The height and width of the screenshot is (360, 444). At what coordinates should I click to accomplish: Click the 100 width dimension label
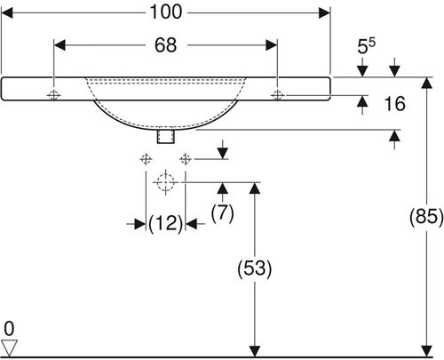pyautogui.click(x=166, y=12)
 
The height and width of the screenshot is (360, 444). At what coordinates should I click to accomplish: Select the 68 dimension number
pyautogui.click(x=166, y=45)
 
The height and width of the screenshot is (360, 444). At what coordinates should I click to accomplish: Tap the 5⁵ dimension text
pyautogui.click(x=366, y=46)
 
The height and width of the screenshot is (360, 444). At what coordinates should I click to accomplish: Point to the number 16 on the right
pyautogui.click(x=394, y=104)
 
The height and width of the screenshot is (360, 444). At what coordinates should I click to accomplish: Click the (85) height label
pyautogui.click(x=426, y=216)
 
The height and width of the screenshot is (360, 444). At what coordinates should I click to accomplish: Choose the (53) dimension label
pyautogui.click(x=255, y=268)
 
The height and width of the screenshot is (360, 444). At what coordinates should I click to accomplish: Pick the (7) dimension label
pyautogui.click(x=223, y=213)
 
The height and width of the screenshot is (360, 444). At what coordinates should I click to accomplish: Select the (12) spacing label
pyautogui.click(x=165, y=224)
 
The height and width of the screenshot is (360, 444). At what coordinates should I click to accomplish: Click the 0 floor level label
pyautogui.click(x=9, y=329)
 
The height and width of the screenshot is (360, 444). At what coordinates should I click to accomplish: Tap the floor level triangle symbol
pyautogui.click(x=9, y=348)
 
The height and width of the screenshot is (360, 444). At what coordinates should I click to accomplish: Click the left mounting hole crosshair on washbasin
pyautogui.click(x=53, y=95)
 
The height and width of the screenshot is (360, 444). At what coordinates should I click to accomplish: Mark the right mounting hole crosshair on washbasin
pyautogui.click(x=277, y=95)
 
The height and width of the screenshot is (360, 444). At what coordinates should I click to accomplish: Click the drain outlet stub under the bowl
pyautogui.click(x=166, y=136)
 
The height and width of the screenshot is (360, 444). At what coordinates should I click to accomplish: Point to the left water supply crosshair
pyautogui.click(x=146, y=159)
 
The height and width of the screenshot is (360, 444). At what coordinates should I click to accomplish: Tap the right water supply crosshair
pyautogui.click(x=186, y=159)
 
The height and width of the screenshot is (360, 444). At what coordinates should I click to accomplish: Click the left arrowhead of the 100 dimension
pyautogui.click(x=7, y=13)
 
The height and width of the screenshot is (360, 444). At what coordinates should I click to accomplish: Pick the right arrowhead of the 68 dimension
pyautogui.click(x=272, y=45)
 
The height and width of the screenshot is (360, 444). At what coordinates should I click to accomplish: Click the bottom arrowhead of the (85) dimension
pyautogui.click(x=426, y=351)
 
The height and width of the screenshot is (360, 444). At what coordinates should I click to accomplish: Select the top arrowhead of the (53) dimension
pyautogui.click(x=255, y=188)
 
